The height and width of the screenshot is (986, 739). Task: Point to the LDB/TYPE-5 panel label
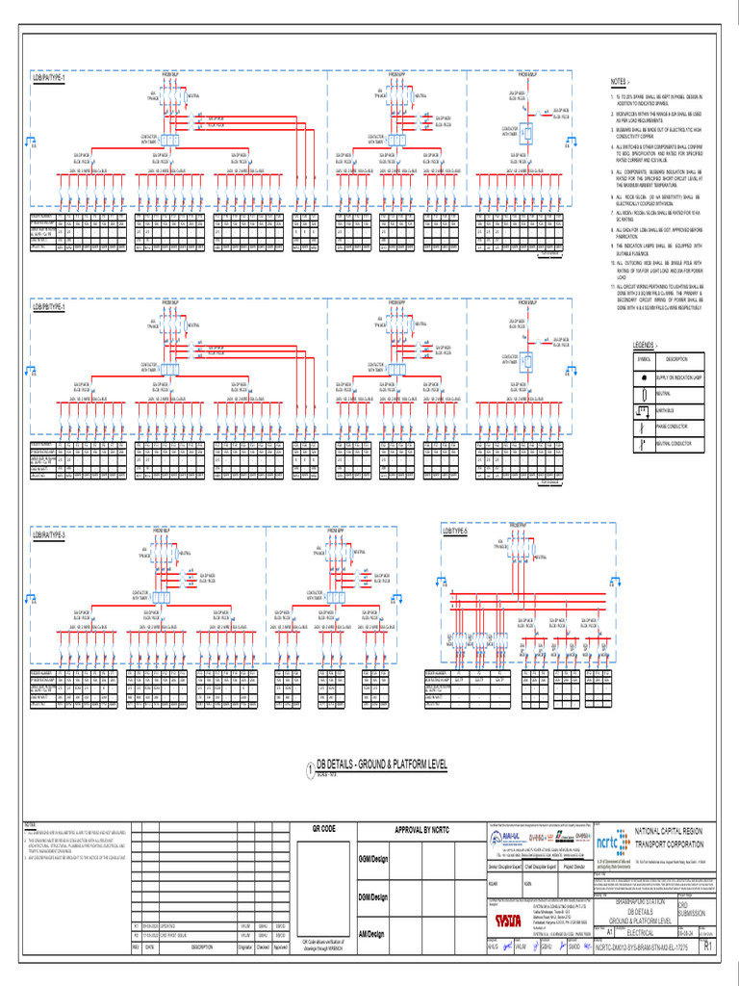[x=455, y=531]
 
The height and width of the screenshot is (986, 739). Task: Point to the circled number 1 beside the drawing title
[x=310, y=768]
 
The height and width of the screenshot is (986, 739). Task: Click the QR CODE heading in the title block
[x=323, y=829]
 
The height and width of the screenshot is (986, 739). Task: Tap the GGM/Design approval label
[x=371, y=858]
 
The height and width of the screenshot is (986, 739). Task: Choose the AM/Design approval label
[x=371, y=933]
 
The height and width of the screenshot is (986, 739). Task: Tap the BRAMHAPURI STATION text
[x=633, y=902]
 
